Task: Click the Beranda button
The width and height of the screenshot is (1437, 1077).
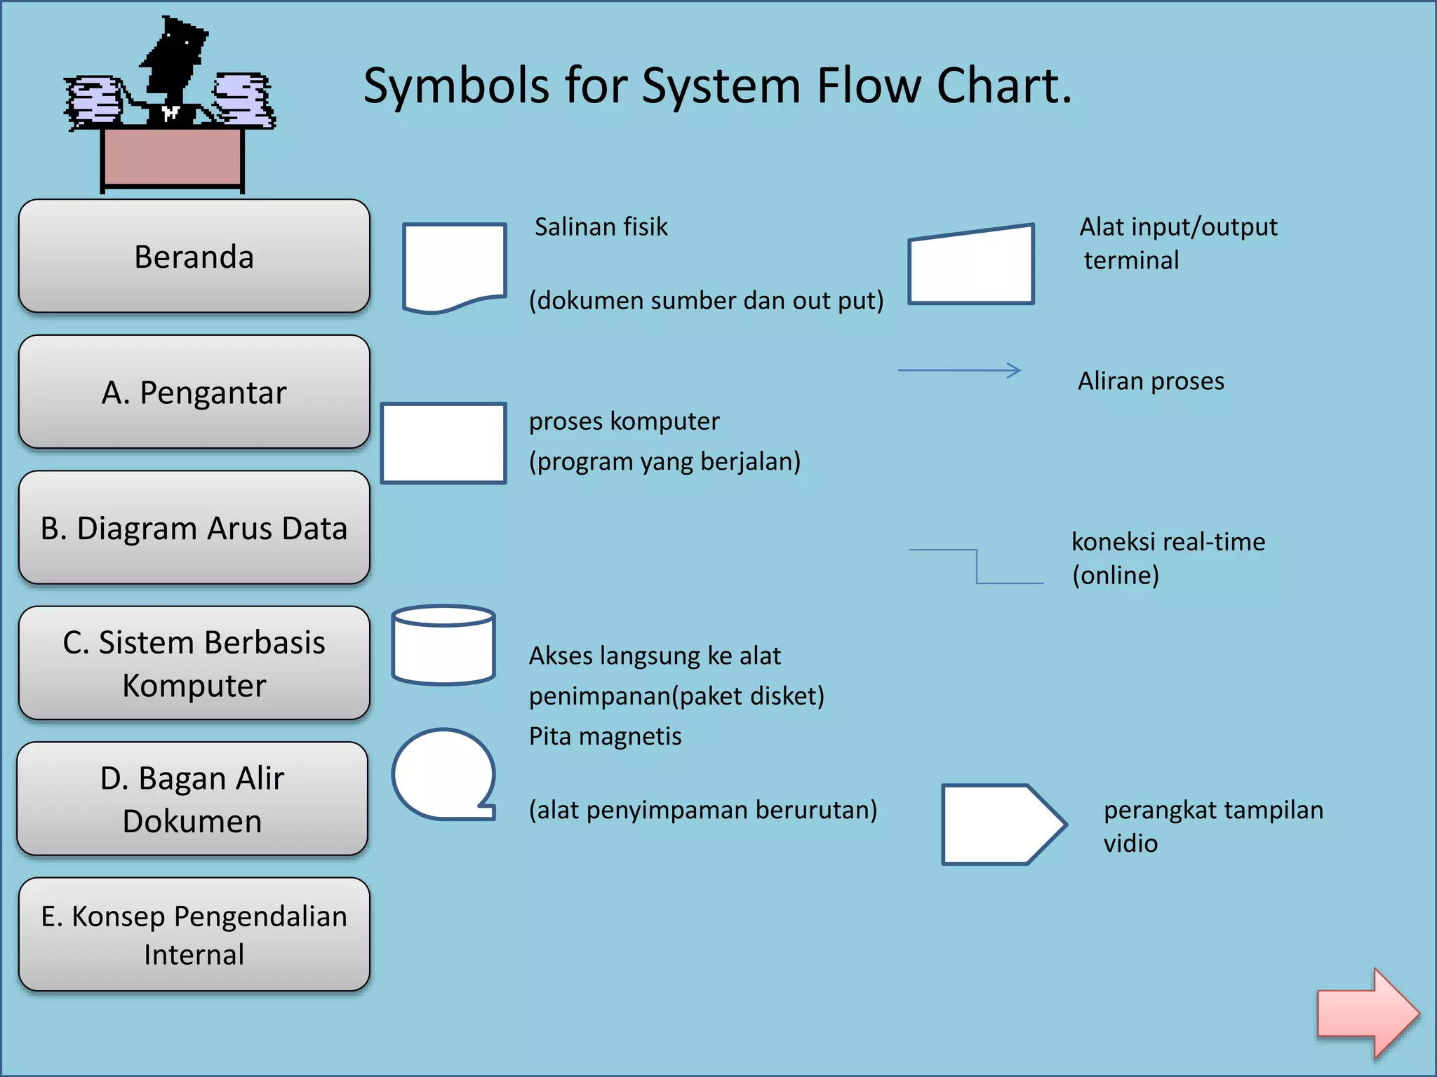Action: coord(194,257)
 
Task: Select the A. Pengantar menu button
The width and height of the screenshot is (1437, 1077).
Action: coord(194,392)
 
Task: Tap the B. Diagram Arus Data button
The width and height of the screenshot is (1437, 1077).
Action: coord(194,527)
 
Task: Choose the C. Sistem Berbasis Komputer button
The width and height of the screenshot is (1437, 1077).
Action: coord(194,663)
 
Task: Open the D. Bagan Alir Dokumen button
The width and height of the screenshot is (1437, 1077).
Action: coord(192,799)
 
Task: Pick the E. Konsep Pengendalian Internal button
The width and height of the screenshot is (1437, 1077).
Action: coord(194,934)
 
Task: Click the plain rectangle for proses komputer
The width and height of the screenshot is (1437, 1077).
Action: coord(443,443)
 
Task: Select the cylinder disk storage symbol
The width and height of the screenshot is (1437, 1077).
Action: coord(443,645)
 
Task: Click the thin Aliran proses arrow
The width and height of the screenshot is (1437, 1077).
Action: coord(959,370)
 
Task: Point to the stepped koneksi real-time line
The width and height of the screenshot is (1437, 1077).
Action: coord(977,566)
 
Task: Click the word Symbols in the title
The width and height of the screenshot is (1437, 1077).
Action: coord(456,86)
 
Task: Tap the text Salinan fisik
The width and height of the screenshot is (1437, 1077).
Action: coord(601,227)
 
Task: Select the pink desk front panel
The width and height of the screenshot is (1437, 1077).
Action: coord(172,157)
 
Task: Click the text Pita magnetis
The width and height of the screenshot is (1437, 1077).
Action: coord(605,736)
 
